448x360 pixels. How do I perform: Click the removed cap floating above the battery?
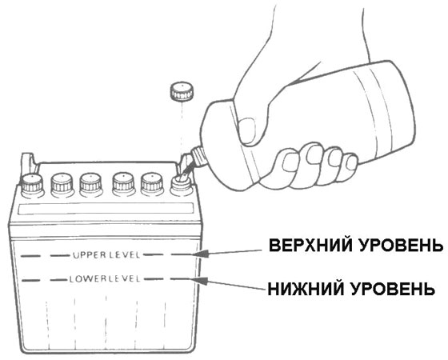click(182, 91)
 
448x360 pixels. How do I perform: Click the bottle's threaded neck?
click(199, 157)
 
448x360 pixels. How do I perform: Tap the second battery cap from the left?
click(62, 186)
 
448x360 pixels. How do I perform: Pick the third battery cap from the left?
click(91, 186)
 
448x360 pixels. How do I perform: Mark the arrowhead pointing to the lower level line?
click(201, 280)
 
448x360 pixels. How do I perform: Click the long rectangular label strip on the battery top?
click(106, 209)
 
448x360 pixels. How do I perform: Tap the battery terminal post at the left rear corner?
click(28, 163)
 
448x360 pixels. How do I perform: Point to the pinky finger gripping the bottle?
click(350, 162)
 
